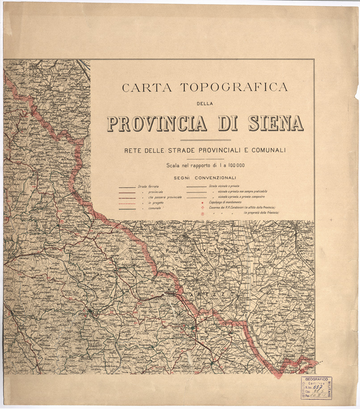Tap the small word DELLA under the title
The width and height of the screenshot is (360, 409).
(205, 104)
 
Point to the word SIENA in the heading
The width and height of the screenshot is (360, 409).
(276, 123)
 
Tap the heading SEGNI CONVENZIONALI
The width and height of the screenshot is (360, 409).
(205, 178)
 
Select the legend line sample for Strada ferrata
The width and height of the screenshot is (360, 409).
(127, 186)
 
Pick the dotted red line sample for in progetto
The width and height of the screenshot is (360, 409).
(127, 203)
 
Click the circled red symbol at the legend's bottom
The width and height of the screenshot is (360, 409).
(203, 214)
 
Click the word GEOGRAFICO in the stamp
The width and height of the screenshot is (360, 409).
(316, 379)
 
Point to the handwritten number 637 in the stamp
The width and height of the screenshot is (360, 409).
(318, 387)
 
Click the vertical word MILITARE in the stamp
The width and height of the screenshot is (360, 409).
(330, 388)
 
